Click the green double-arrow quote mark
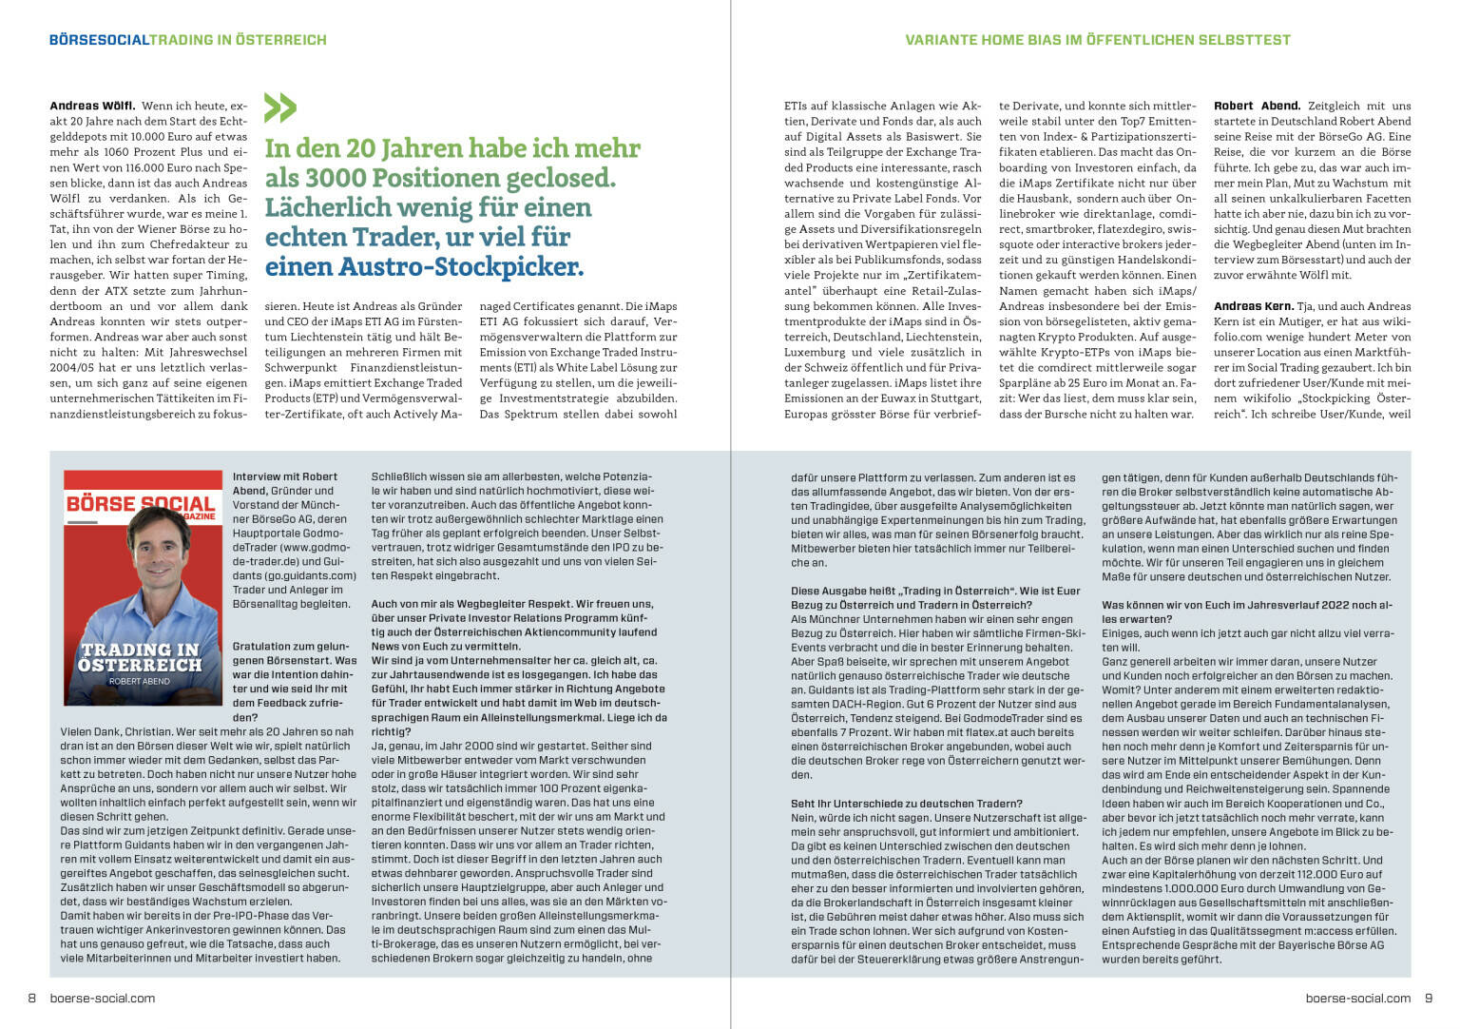coord(279,107)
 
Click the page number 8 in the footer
coord(31,998)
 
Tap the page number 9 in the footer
coord(1428,998)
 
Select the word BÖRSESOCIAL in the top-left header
coord(99,40)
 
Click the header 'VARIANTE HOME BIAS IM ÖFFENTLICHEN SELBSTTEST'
coord(1098,40)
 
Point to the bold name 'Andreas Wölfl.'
coord(92,106)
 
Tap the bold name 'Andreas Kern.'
coord(1254,306)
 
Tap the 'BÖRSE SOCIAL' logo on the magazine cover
coord(140,503)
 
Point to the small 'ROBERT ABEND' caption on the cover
coord(140,681)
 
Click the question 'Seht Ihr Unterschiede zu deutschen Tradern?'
coord(906,804)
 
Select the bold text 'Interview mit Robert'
coord(285,476)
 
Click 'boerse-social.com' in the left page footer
coord(102,998)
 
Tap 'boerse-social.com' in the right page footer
coord(1357,998)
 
